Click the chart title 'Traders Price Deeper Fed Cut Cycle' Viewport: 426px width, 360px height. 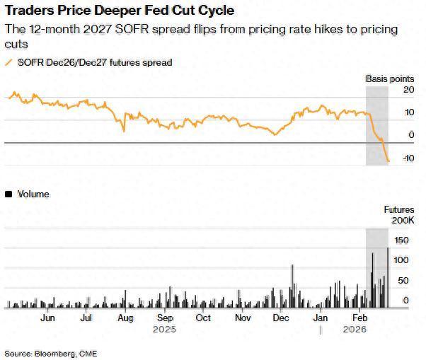(x=120, y=11)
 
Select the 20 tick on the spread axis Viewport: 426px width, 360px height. (x=408, y=91)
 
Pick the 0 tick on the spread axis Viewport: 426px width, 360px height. (x=411, y=135)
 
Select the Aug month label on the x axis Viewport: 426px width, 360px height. (x=125, y=318)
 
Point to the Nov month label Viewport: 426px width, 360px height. (x=242, y=318)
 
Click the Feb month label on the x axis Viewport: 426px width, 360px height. (x=359, y=318)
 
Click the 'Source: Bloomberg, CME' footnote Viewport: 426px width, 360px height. (x=51, y=352)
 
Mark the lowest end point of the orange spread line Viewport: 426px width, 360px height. (x=388, y=161)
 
